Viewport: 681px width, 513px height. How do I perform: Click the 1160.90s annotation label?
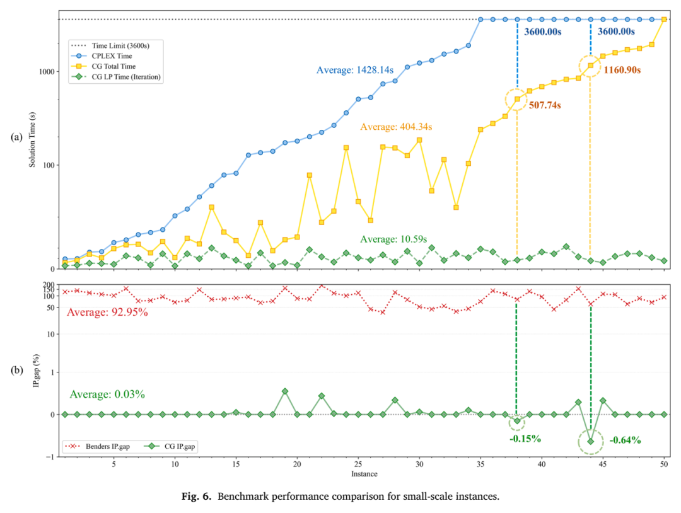coord(622,70)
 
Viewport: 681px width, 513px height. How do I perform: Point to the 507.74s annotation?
coord(545,105)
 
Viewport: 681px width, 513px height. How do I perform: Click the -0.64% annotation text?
coord(625,440)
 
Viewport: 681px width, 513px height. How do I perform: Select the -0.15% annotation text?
coord(525,439)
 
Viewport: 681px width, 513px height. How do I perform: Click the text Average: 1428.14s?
coord(355,70)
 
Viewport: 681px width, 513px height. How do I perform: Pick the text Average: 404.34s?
coord(396,127)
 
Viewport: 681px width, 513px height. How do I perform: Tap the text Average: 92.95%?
coord(107,312)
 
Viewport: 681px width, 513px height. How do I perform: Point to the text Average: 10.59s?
coord(393,239)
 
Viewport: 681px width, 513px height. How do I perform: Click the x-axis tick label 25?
coord(358,464)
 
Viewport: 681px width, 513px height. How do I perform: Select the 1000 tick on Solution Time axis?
coord(47,72)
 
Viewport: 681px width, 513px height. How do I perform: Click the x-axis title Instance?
coord(364,474)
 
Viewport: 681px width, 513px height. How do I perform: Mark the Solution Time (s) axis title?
coord(32,139)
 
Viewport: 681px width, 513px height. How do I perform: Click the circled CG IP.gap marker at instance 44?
coord(591,441)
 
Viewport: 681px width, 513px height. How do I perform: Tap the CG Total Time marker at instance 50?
coord(664,20)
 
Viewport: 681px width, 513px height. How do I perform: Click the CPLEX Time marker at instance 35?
coord(480,20)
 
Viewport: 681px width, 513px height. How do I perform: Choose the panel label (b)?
coord(16,370)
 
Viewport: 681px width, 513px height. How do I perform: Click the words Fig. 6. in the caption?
coord(196,497)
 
